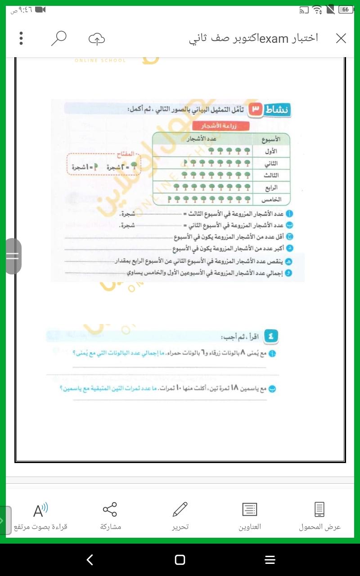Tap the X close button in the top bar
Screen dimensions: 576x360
point(341,39)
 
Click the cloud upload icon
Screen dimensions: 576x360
point(96,39)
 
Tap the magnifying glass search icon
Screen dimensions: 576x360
point(58,39)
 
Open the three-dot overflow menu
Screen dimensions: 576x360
point(21,39)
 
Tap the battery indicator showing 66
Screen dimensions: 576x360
point(346,9)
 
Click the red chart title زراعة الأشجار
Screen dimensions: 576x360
point(220,126)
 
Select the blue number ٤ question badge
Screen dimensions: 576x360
point(271,336)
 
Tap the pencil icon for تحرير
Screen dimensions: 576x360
point(180,509)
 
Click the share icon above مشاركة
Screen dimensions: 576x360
point(110,509)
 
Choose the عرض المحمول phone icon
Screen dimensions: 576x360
point(319,509)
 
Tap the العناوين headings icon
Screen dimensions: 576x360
point(249,509)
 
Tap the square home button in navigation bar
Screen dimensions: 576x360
point(180,559)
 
